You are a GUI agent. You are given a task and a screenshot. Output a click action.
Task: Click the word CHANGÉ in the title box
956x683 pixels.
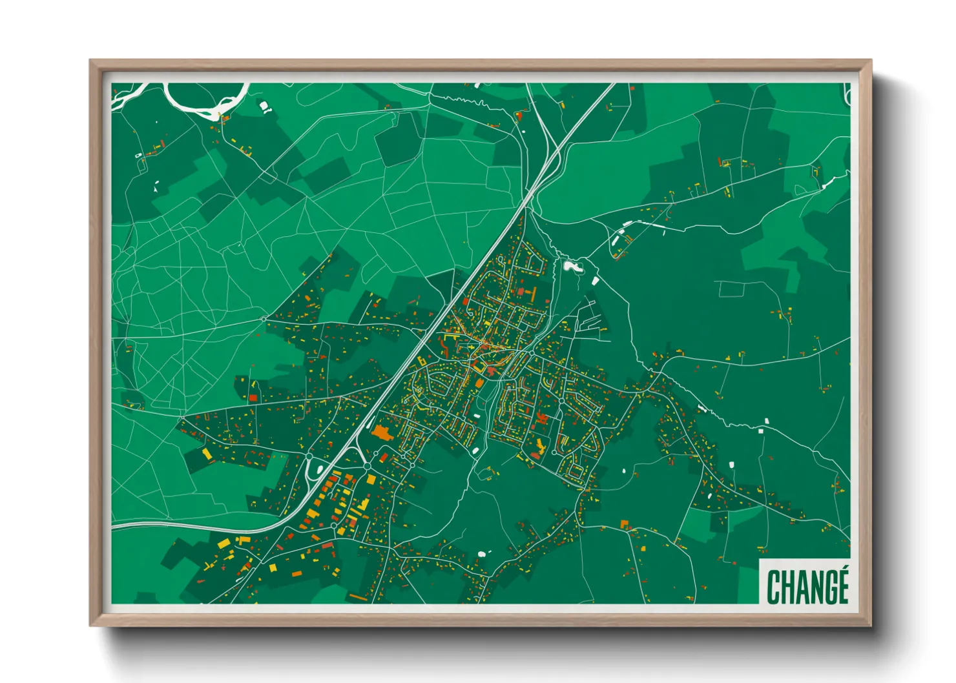click(x=807, y=586)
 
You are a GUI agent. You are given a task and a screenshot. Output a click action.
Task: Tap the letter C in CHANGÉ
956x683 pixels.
click(x=774, y=587)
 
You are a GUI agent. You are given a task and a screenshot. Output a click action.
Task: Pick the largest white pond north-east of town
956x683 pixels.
click(x=571, y=265)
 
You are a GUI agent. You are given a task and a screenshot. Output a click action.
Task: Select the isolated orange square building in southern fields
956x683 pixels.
click(x=624, y=524)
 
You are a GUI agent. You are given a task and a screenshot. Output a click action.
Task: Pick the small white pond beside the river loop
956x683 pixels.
click(x=264, y=106)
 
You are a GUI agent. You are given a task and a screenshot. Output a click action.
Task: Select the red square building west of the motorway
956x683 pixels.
click(x=253, y=398)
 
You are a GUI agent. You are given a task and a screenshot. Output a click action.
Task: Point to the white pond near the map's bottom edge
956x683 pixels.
click(x=481, y=553)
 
